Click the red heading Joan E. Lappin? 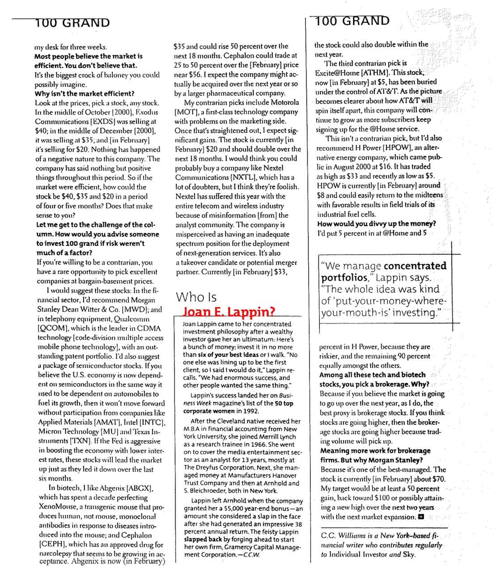click(x=230, y=312)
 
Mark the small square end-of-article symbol click(x=420, y=517)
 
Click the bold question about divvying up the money click(x=377, y=223)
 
